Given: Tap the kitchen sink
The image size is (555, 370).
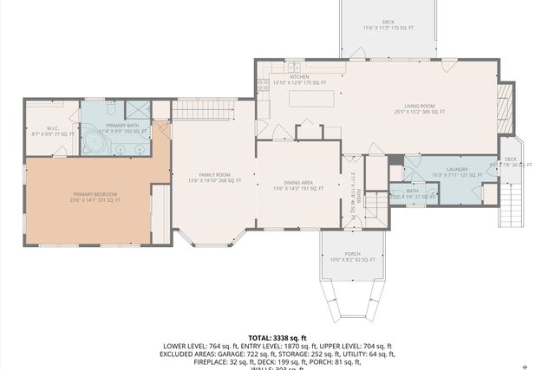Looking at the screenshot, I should point(294,67).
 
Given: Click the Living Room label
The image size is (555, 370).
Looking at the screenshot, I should point(419,108).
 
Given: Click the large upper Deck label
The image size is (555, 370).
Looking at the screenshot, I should point(388,25).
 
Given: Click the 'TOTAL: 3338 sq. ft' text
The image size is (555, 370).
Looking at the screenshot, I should point(277,337).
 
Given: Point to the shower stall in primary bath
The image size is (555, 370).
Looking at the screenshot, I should point(138,110).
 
